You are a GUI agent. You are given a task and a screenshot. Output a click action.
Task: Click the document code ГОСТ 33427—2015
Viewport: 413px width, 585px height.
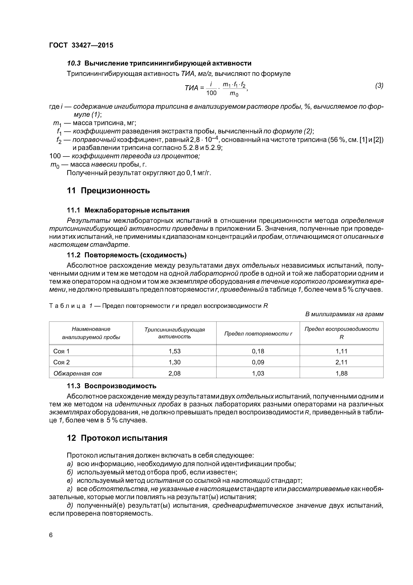click(x=81, y=45)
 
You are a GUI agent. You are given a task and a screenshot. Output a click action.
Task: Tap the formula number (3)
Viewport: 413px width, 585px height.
click(x=379, y=86)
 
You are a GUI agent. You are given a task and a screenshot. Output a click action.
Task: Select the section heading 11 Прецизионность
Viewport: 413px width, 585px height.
click(x=108, y=191)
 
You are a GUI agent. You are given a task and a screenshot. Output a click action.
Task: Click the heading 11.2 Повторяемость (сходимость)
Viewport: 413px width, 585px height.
click(x=126, y=255)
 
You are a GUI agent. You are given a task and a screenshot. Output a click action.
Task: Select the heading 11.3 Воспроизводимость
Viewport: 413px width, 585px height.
click(x=111, y=386)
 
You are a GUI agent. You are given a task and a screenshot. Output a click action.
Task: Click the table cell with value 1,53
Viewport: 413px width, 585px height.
click(x=175, y=351)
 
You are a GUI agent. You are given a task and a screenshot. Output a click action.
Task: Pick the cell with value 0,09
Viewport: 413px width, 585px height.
click(x=258, y=362)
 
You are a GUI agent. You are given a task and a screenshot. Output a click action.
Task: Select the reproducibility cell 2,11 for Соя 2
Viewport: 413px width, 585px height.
click(x=342, y=362)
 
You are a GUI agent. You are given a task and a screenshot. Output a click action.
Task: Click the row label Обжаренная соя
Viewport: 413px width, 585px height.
click(x=77, y=374)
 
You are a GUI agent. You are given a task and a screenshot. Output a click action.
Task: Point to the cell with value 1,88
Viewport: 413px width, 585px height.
click(x=342, y=374)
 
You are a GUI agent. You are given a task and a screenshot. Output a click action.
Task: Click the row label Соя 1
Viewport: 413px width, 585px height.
click(x=61, y=351)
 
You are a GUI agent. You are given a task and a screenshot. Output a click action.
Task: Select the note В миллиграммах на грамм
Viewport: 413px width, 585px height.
click(x=344, y=314)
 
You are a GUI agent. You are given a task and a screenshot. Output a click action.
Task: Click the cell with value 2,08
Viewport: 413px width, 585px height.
click(x=175, y=374)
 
